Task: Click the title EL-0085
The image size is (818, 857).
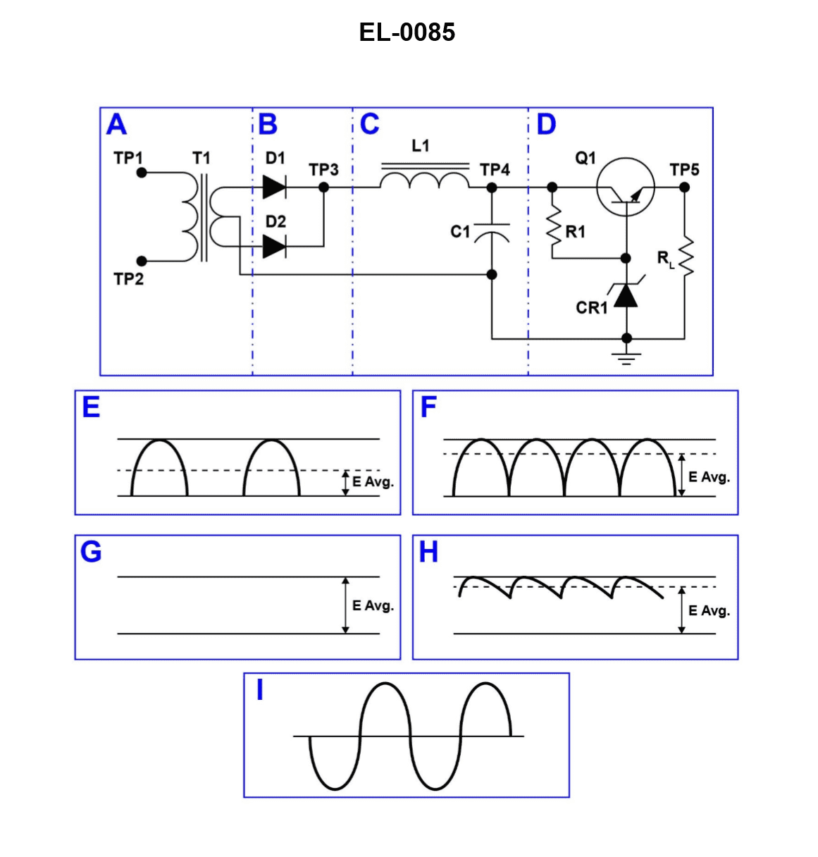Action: pyautogui.click(x=407, y=32)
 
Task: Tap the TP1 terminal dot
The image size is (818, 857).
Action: pyautogui.click(x=142, y=172)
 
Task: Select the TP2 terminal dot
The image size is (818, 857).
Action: pyautogui.click(x=142, y=261)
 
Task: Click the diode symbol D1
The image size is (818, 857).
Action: pyautogui.click(x=274, y=187)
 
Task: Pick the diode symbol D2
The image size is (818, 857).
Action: pyautogui.click(x=274, y=246)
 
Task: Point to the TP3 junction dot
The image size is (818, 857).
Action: pyautogui.click(x=324, y=187)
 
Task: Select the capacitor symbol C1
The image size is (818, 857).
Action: pyautogui.click(x=492, y=232)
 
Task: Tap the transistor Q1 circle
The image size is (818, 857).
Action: pyautogui.click(x=626, y=188)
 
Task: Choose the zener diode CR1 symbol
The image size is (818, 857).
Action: pyautogui.click(x=626, y=295)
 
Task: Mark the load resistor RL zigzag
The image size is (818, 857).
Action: pyautogui.click(x=685, y=258)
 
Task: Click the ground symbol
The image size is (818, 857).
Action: pyautogui.click(x=626, y=357)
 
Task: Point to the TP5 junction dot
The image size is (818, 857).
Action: pyautogui.click(x=684, y=187)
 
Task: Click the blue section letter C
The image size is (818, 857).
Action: pyautogui.click(x=369, y=125)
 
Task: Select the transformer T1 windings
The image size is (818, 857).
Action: pyautogui.click(x=202, y=216)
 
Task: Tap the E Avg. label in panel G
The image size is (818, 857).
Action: pyautogui.click(x=373, y=605)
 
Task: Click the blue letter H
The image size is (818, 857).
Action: pyautogui.click(x=428, y=553)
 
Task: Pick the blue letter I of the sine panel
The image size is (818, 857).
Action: pyautogui.click(x=260, y=691)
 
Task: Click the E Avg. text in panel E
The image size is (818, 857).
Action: pyautogui.click(x=373, y=482)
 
